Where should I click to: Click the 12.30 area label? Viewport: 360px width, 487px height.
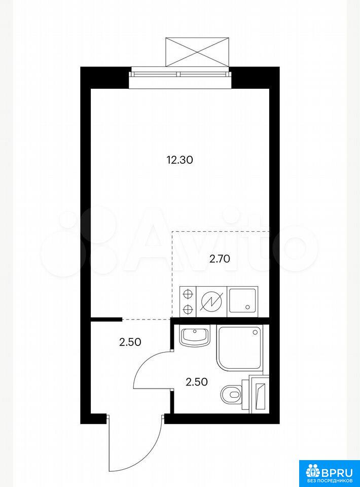[179, 160]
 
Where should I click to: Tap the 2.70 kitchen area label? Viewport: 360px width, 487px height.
[220, 259]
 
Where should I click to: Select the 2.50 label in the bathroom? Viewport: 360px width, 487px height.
[196, 381]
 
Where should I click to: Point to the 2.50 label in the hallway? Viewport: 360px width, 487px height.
[130, 342]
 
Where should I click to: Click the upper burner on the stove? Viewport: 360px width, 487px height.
[188, 293]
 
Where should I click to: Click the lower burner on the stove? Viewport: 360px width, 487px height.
[188, 309]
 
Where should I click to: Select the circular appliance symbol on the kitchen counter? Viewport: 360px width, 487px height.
[211, 301]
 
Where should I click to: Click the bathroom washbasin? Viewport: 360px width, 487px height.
[195, 336]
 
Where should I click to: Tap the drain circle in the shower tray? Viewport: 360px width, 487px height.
[255, 332]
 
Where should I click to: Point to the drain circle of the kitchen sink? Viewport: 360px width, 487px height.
[247, 307]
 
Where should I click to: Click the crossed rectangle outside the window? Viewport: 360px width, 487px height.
[197, 52]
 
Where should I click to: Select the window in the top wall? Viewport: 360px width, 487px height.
[181, 74]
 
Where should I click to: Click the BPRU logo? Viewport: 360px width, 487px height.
[330, 473]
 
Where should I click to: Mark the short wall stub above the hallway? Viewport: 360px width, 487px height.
[106, 319]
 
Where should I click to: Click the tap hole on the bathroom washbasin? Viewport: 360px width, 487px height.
[195, 331]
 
